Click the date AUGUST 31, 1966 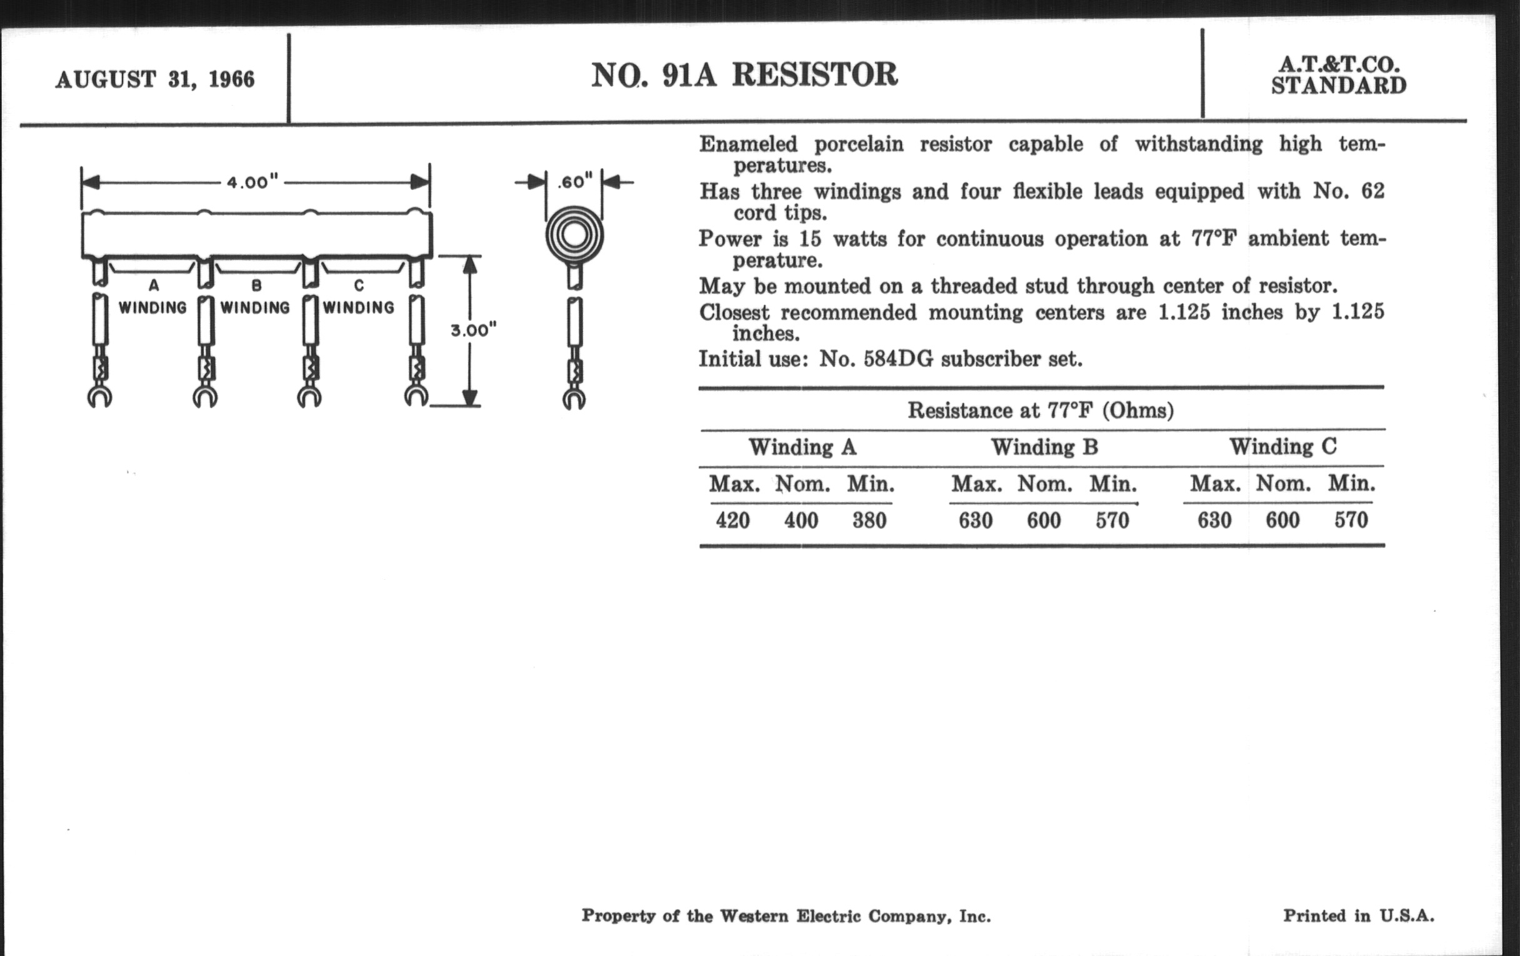tap(154, 79)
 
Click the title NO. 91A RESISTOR tap(744, 74)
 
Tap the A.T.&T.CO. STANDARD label tap(1338, 75)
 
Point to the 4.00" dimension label tap(252, 182)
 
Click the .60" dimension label tap(574, 182)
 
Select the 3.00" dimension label tap(473, 330)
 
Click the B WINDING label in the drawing tap(255, 297)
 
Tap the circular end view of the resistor tap(574, 236)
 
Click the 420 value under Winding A tap(732, 520)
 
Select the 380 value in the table tap(869, 520)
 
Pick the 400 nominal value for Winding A tap(801, 520)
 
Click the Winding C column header tap(1282, 447)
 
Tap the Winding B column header tap(1044, 447)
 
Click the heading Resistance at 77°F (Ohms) tap(1040, 411)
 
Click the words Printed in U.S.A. tap(1358, 915)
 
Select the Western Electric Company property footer tap(786, 916)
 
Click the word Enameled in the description tap(748, 144)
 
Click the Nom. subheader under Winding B tap(1044, 484)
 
